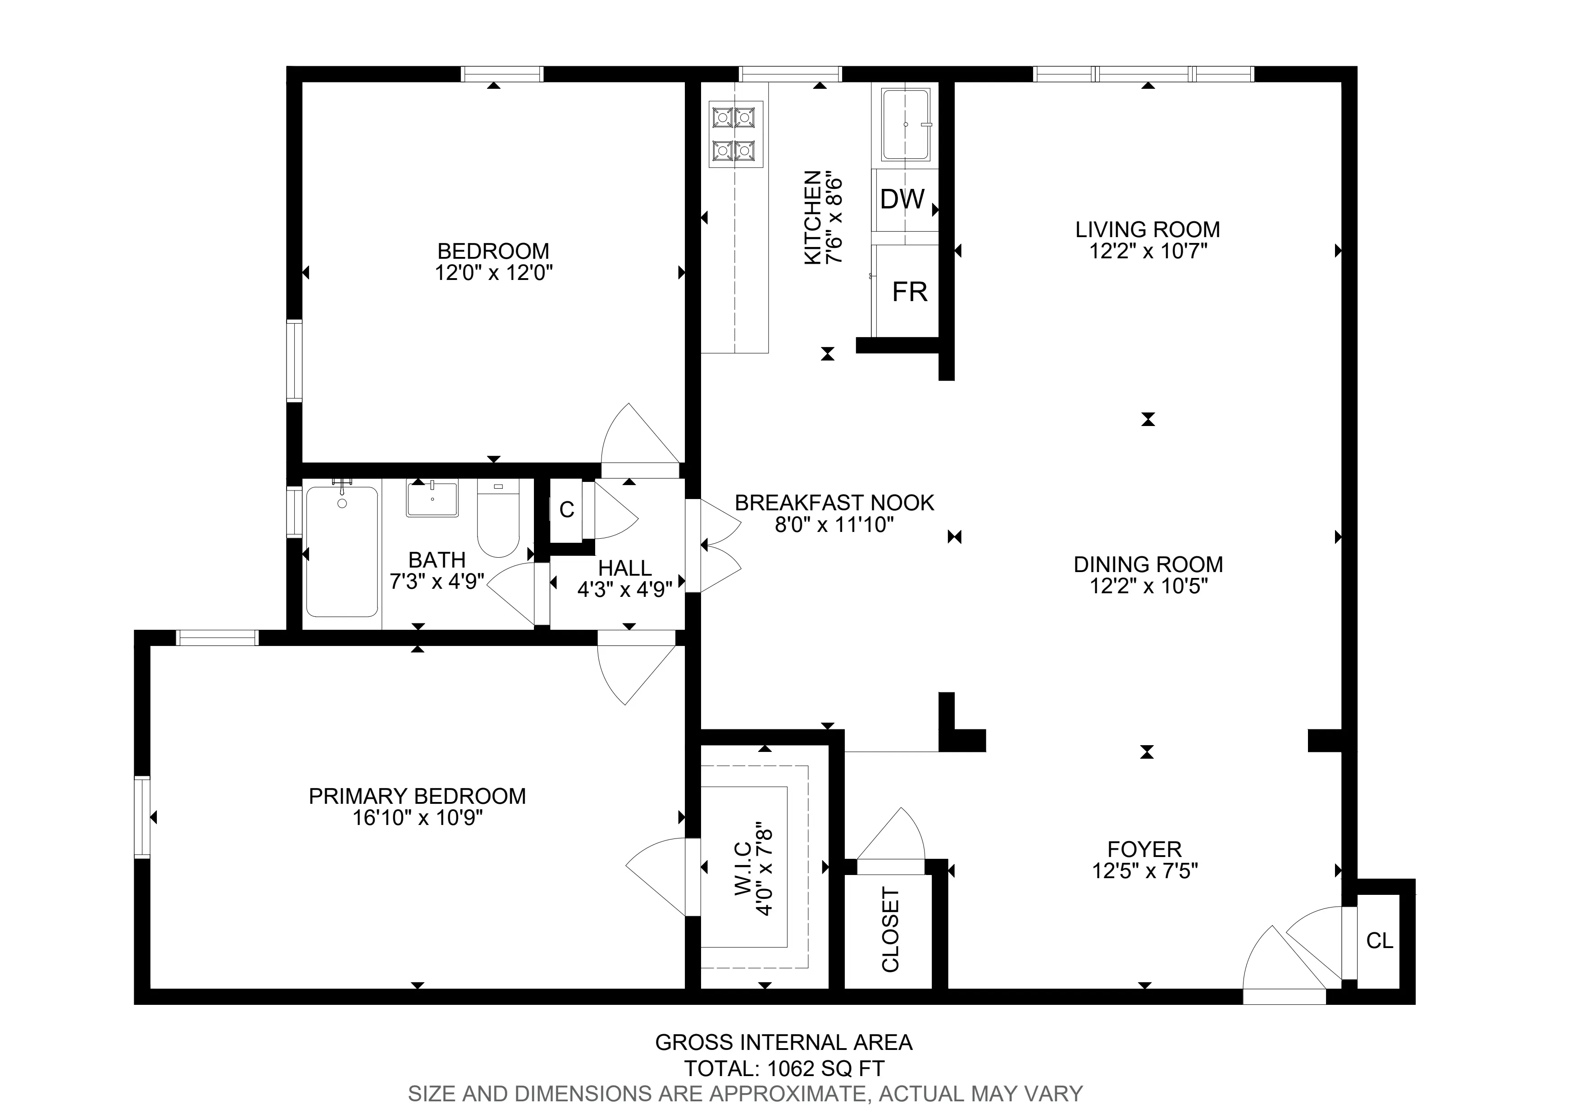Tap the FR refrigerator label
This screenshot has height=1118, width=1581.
(x=910, y=292)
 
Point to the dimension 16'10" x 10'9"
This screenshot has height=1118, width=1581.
(x=417, y=818)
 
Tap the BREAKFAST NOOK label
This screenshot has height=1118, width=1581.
(x=834, y=503)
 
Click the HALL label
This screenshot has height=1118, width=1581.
(x=624, y=568)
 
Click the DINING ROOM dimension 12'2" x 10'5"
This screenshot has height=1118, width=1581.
(x=1148, y=586)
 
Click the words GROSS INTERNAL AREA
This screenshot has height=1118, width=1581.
(x=783, y=1042)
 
